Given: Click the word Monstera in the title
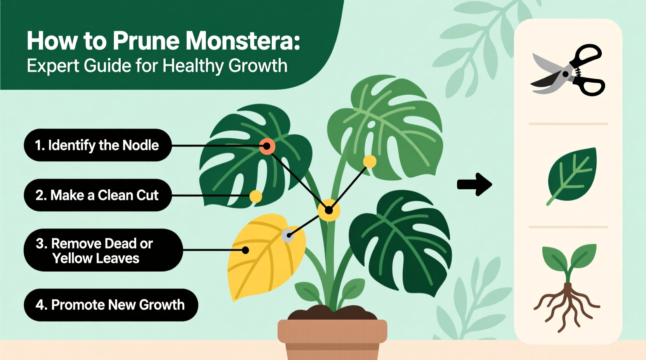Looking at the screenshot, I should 243,41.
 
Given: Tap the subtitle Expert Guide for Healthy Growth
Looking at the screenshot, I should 157,66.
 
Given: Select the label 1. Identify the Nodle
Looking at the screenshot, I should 97,145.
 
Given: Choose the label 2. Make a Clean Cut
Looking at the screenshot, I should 97,195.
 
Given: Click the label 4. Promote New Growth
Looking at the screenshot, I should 111,305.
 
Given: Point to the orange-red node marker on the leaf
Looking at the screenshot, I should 267,146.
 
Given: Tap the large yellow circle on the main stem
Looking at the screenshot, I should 329,211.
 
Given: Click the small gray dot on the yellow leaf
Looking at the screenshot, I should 287,235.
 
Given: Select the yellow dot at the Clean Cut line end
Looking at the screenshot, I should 255,196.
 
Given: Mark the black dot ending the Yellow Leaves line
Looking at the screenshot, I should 245,250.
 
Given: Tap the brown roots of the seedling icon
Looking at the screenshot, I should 567,306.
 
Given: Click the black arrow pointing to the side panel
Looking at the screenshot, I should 474,184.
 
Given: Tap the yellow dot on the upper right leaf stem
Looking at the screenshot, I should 370,161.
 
